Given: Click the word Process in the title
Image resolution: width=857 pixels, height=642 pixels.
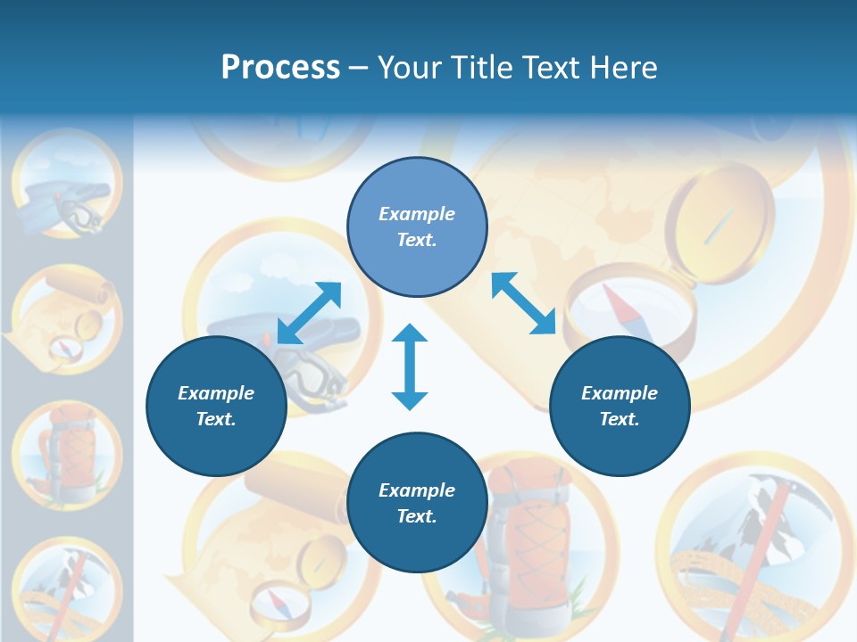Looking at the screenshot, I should (x=280, y=67).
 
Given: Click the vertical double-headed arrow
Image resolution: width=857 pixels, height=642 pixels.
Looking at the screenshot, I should (x=410, y=366).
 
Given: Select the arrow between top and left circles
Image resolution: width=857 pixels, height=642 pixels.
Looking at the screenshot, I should (x=309, y=313).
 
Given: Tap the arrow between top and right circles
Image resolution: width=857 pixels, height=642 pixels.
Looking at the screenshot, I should (x=524, y=303).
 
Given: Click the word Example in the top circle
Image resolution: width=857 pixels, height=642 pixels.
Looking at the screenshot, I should (x=417, y=214).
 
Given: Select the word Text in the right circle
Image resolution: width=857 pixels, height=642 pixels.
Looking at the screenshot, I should (x=620, y=419).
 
